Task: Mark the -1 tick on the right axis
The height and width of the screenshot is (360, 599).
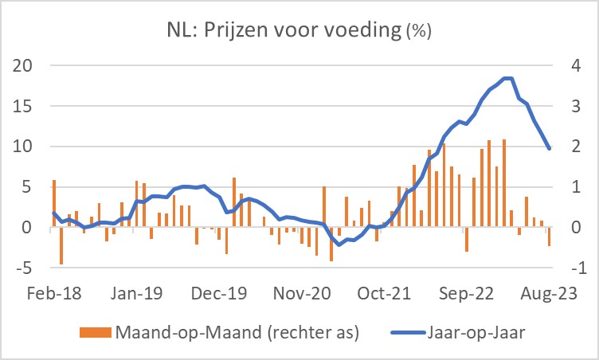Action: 572,268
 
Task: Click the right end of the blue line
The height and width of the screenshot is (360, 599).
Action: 549,149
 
